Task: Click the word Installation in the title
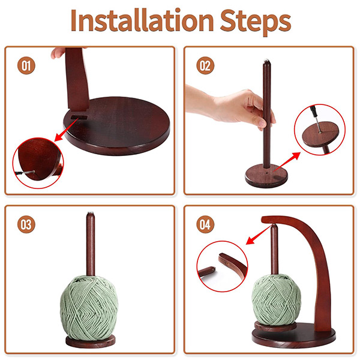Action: pyautogui.click(x=142, y=20)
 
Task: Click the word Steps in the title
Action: pyautogui.click(x=256, y=22)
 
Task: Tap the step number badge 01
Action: pyautogui.click(x=26, y=65)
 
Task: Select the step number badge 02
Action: pyautogui.click(x=205, y=65)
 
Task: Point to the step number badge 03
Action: pyautogui.click(x=26, y=224)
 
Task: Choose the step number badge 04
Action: pyautogui.click(x=205, y=224)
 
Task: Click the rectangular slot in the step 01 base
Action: pyautogui.click(x=79, y=118)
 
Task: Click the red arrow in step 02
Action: pyautogui.click(x=287, y=161)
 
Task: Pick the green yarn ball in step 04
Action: pyautogui.click(x=277, y=299)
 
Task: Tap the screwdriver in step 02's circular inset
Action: pyautogui.click(x=315, y=118)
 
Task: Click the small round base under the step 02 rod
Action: pyautogui.click(x=266, y=176)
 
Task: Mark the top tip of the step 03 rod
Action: pyautogui.click(x=91, y=212)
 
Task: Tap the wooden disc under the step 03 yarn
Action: pyautogui.click(x=91, y=341)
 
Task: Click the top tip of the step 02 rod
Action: pyautogui.click(x=266, y=60)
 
